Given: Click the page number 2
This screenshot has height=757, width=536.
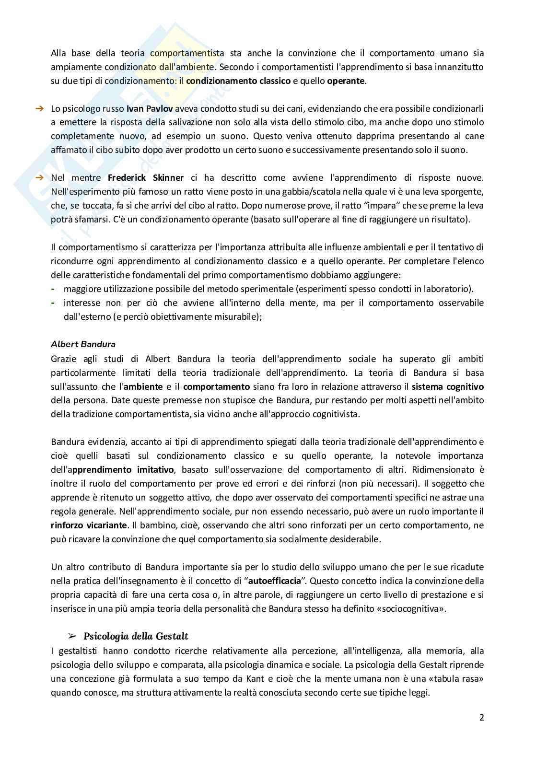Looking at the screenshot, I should click(x=481, y=718).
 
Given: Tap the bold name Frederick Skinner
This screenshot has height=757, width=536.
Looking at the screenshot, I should click(x=146, y=178).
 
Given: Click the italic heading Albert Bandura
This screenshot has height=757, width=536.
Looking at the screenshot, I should click(x=83, y=344).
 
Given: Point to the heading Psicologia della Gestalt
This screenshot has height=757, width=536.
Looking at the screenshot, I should click(x=136, y=636).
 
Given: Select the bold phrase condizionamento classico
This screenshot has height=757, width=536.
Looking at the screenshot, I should click(x=238, y=81).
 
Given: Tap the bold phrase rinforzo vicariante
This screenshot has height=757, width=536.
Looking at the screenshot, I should click(x=89, y=525).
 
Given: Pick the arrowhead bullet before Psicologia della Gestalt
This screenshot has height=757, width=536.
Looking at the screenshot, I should click(x=72, y=636).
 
